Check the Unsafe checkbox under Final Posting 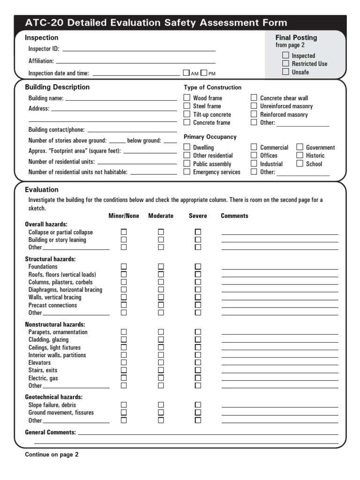[x=285, y=72]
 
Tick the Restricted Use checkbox [x=285, y=63]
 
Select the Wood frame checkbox [x=187, y=97]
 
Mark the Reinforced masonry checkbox [x=254, y=114]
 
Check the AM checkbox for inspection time [x=186, y=73]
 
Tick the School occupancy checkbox [x=300, y=164]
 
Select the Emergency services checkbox [x=187, y=172]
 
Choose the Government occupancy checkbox [x=300, y=147]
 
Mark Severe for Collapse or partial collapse [x=198, y=232]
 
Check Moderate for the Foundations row [x=161, y=266]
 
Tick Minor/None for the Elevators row [x=124, y=362]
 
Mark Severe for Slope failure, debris [x=198, y=405]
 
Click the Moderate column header [x=161, y=216]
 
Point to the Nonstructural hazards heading [x=55, y=324]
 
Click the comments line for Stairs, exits [x=279, y=371]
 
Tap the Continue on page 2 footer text [x=52, y=454]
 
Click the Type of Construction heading [x=212, y=87]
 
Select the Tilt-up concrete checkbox [x=187, y=114]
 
